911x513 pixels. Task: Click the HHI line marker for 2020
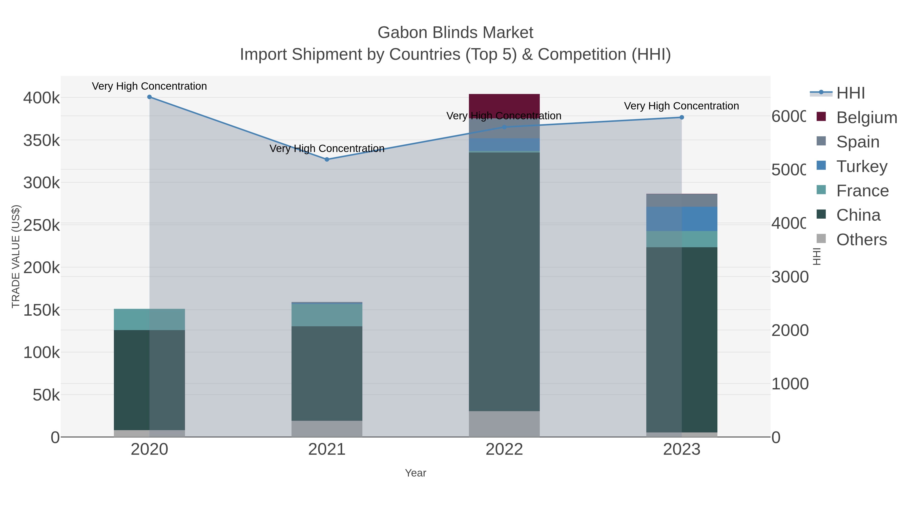pos(149,97)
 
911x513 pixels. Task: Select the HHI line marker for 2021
pos(327,160)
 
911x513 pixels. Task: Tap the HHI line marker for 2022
pos(504,127)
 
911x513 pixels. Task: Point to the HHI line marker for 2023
pos(682,118)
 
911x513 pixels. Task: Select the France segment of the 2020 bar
pos(149,319)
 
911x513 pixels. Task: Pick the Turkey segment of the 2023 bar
pos(682,219)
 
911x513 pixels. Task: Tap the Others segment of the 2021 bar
pos(327,429)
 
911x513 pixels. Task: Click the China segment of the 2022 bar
pos(504,281)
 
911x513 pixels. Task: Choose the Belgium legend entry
pos(866,118)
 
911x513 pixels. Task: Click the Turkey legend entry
pos(861,166)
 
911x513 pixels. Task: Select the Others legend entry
pos(861,240)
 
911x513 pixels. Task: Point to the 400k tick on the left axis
pos(42,98)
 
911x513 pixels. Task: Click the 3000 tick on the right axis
pos(790,277)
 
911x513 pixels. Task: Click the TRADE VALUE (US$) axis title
pos(16,256)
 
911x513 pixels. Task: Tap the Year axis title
pos(416,473)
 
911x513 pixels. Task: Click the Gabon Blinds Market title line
pos(455,33)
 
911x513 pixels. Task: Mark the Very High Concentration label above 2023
pos(681,106)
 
